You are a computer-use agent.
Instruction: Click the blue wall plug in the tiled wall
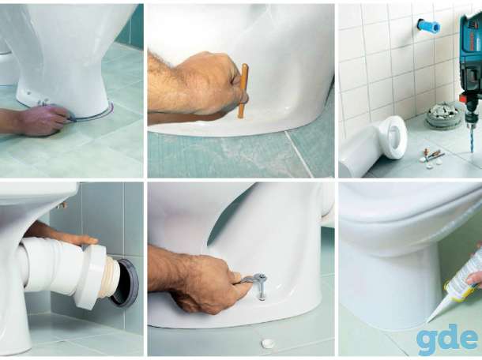428,25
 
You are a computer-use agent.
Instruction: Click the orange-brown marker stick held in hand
243,91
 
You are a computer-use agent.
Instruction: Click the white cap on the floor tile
267,343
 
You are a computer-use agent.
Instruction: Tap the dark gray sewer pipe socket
125,283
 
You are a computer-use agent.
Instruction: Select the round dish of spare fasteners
440,114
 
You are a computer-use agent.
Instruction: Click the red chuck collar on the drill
469,99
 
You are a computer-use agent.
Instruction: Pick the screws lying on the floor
433,154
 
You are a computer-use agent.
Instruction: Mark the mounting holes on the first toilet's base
37,98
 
